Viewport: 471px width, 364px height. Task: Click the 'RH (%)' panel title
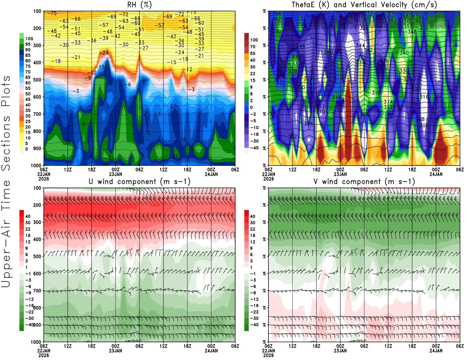pos(139,5)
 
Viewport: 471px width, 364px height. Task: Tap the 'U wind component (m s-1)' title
pos(140,182)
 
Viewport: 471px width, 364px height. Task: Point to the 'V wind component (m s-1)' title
pos(364,182)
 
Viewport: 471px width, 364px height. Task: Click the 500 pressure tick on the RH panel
pos(37,80)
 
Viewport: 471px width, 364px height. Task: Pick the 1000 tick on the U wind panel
pos(36,342)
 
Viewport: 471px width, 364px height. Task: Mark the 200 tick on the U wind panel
pos(37,205)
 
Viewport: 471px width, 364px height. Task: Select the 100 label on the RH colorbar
pos(29,39)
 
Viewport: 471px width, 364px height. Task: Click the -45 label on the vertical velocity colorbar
pos(254,148)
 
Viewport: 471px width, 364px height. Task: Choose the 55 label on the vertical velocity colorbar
pos(253,53)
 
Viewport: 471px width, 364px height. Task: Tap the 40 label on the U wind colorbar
pos(28,216)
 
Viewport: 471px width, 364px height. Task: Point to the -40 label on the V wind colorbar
pos(254,325)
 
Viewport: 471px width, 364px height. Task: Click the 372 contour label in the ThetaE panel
pos(368,14)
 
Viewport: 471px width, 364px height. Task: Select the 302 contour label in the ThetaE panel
pos(293,137)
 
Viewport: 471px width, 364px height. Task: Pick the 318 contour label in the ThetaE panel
pos(376,93)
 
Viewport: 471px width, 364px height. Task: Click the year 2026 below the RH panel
pos(44,179)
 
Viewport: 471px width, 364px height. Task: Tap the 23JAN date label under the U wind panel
pos(115,351)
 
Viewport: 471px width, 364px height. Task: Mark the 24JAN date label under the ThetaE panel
pos(436,174)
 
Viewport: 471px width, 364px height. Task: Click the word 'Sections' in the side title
pos(6,143)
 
